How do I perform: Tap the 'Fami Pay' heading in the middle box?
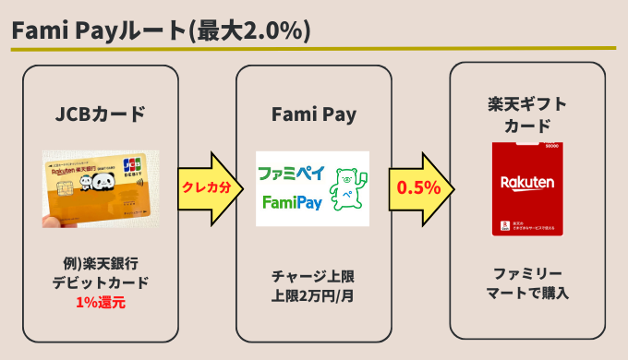point(314,114)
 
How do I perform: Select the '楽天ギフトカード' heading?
point(526,114)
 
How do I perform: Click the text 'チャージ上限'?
point(314,277)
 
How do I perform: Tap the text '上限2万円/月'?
point(314,295)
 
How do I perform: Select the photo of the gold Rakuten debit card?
point(100,188)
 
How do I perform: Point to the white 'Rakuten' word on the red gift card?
point(526,182)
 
